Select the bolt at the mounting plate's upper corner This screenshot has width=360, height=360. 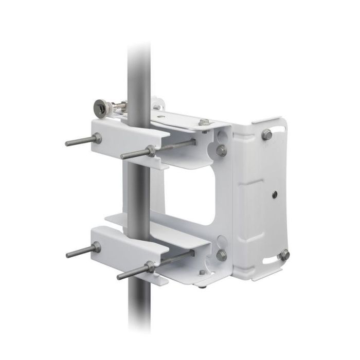266,135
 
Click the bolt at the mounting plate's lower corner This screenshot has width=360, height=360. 284,255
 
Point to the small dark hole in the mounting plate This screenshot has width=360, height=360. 274,194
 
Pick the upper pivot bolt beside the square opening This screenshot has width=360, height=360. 221,150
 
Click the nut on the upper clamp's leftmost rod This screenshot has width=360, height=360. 97,137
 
